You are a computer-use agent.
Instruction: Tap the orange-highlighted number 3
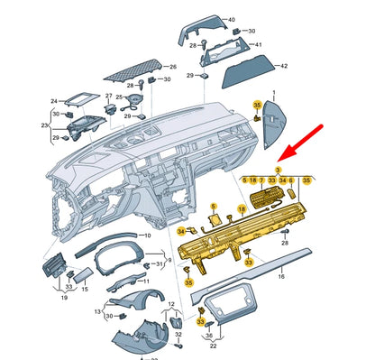point(278,170)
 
